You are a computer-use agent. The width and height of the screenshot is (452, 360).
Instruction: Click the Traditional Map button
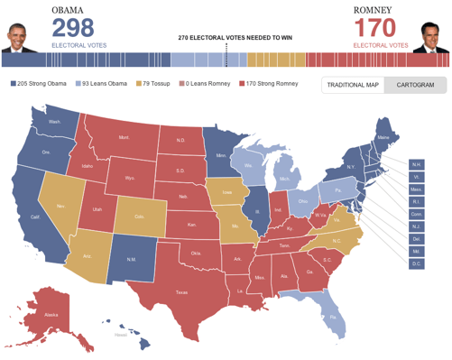[353, 85]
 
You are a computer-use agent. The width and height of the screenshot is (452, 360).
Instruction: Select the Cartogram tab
[415, 85]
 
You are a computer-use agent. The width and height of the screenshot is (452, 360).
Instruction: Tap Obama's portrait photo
[18, 34]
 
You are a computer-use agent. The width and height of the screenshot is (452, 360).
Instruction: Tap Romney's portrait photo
[430, 34]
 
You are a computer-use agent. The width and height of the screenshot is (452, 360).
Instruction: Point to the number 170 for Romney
[375, 24]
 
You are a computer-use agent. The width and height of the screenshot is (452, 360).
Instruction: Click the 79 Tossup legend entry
[157, 83]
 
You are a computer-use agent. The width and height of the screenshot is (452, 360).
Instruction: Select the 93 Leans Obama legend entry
[105, 83]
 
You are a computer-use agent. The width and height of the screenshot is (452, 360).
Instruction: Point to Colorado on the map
[140, 216]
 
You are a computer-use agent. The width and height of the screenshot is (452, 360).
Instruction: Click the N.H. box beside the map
[416, 164]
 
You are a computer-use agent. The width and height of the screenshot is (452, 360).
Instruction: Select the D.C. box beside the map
[416, 263]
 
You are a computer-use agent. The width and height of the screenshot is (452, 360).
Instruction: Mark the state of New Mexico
[130, 259]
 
